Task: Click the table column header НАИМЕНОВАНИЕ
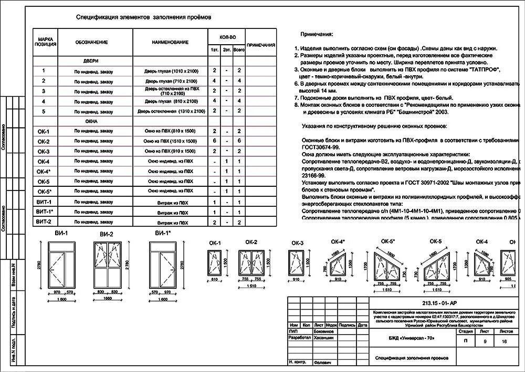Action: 170,42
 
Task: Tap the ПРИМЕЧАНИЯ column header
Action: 261,45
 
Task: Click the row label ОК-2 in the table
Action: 44,142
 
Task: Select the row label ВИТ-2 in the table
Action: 44,222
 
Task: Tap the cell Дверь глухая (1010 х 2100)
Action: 170,71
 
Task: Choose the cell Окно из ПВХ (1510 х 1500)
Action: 170,142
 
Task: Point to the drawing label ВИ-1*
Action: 163,233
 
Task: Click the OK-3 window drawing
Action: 297,262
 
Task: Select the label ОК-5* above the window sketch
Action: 388,242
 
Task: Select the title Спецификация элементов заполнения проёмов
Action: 143,17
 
